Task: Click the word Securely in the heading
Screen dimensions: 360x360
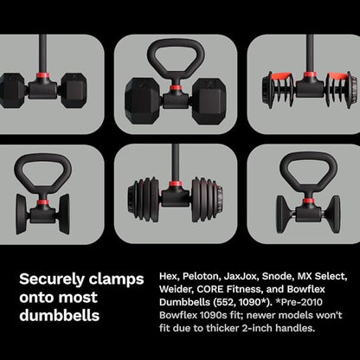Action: click(53, 280)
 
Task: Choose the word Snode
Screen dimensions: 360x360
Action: click(291, 278)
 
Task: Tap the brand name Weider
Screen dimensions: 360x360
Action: click(177, 292)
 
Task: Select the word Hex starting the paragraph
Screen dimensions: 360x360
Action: click(170, 278)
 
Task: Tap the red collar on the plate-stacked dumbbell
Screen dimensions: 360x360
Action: click(175, 187)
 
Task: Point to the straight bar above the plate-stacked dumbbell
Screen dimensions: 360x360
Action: click(175, 160)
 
